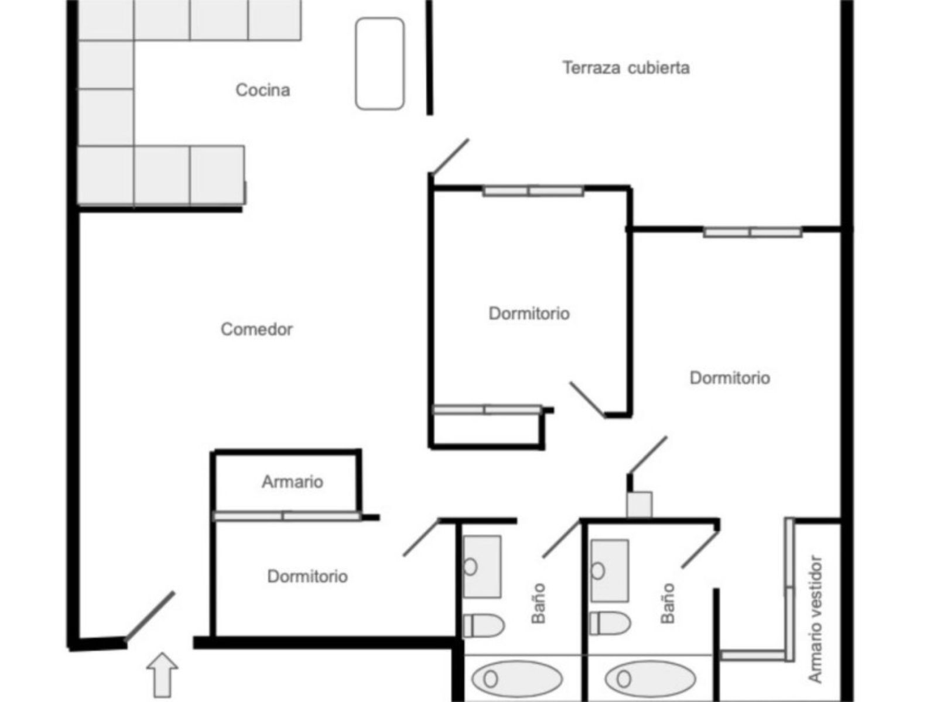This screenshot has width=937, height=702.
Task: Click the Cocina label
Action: coord(262,90)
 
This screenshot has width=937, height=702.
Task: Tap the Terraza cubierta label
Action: coord(626,68)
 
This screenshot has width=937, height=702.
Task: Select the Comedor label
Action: coord(257,329)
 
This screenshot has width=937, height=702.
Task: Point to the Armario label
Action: coord(292,482)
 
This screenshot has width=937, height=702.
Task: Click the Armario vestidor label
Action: coord(815,619)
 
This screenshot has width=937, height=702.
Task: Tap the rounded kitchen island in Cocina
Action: coord(380,63)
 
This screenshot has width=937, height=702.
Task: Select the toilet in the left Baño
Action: coord(484,625)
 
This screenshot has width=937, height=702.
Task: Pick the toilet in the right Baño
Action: coord(610,624)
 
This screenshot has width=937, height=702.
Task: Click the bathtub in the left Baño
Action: coord(517,679)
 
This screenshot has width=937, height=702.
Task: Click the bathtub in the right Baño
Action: coord(650,679)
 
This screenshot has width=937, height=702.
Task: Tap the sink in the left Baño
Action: coord(482,566)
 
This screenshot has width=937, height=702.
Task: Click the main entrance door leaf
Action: coord(151,615)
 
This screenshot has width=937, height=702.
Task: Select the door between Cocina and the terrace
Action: coord(449,156)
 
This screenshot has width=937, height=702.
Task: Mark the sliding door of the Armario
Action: coord(286,516)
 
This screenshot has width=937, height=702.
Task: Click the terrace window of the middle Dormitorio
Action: coord(533,191)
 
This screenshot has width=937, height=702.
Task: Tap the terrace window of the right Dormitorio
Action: coord(752,232)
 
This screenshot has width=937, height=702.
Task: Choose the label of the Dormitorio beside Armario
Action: coord(307,577)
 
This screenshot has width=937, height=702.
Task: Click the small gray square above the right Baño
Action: coord(640,504)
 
